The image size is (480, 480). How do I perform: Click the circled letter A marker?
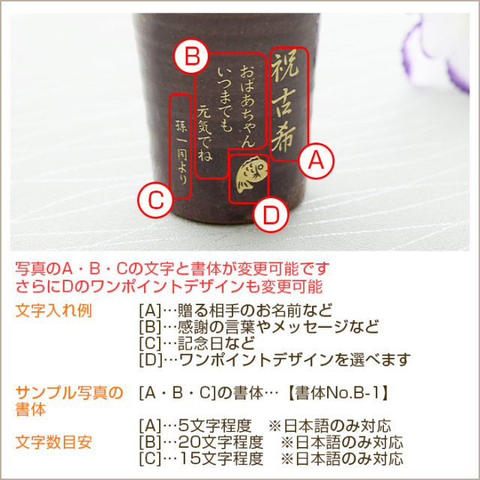[x=316, y=160]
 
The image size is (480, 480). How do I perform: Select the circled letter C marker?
[x=155, y=200]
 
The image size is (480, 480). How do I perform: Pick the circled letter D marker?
[x=271, y=214]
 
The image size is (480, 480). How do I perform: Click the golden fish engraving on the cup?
[x=252, y=175]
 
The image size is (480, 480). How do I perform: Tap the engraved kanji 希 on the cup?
[x=283, y=139]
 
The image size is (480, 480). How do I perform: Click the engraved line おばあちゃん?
[x=248, y=106]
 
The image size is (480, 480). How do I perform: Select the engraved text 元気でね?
[x=205, y=133]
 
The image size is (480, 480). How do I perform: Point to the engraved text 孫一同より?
[x=181, y=152]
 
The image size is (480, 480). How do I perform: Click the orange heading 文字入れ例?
[x=53, y=311]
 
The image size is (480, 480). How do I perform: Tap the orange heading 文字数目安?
[x=53, y=442]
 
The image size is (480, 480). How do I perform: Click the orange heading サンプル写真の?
[x=69, y=393]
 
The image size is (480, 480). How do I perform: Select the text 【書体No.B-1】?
[x=337, y=393]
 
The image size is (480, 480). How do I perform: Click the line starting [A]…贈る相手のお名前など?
[x=235, y=310]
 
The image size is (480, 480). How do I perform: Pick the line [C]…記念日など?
[x=196, y=343]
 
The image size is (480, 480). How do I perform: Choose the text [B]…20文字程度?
[x=201, y=442]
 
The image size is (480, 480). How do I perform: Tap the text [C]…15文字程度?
[x=201, y=459]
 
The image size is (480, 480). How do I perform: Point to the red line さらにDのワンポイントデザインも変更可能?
[x=169, y=286]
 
